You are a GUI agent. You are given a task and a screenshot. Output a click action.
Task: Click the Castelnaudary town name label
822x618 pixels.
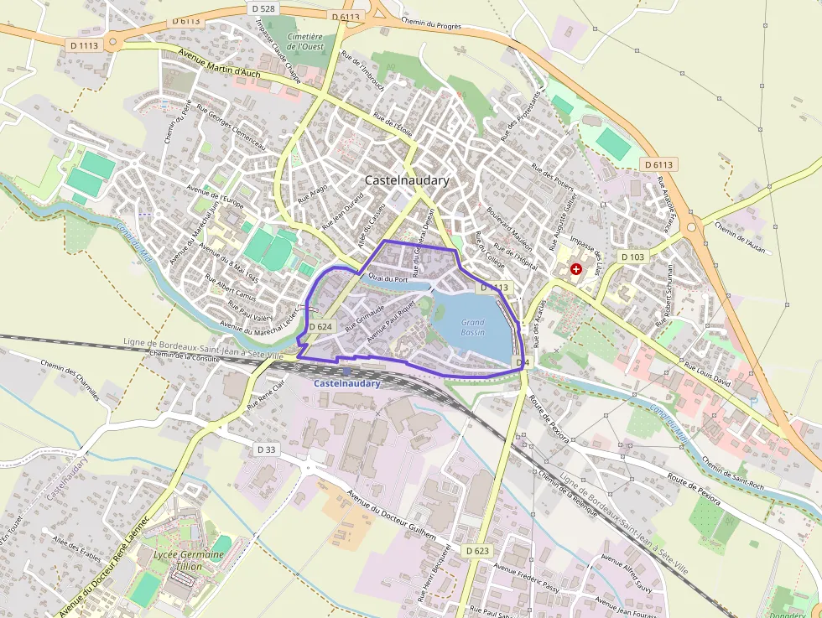pyautogui.click(x=407, y=180)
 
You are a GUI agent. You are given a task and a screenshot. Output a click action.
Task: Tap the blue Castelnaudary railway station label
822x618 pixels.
pyautogui.click(x=347, y=383)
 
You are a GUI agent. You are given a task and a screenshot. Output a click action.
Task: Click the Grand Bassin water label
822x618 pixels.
pyautogui.click(x=472, y=327)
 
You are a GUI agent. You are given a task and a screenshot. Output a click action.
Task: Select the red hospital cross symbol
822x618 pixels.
pyautogui.click(x=576, y=269)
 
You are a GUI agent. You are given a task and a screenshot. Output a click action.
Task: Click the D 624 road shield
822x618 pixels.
pyautogui.click(x=320, y=326)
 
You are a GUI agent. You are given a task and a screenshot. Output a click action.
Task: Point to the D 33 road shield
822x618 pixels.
pyautogui.click(x=266, y=449)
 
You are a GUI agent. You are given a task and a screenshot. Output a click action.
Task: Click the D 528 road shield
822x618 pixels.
pyautogui.click(x=263, y=8)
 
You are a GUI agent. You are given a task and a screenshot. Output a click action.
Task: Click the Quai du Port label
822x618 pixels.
pyautogui.click(x=388, y=278)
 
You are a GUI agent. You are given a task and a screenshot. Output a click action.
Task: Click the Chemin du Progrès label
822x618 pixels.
pyautogui.click(x=432, y=24)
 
